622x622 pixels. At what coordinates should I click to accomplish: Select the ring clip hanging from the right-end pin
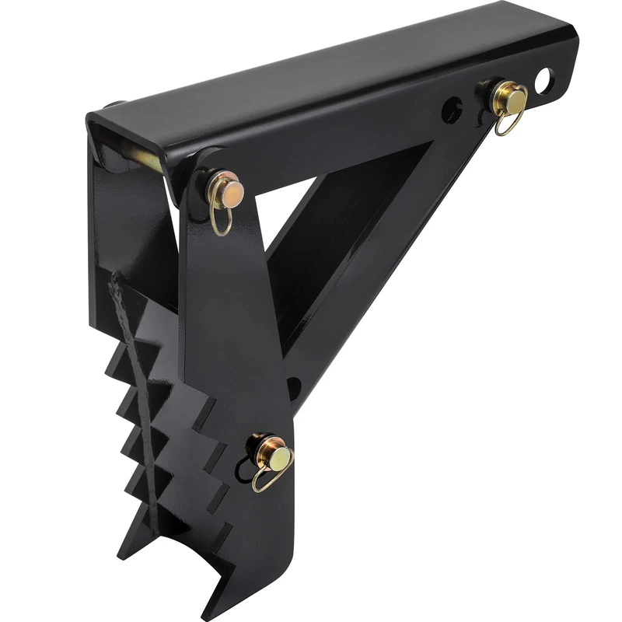tap(508, 122)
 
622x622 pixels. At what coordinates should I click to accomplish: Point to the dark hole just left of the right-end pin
tap(452, 110)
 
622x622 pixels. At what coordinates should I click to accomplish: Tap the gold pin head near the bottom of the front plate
tap(277, 456)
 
